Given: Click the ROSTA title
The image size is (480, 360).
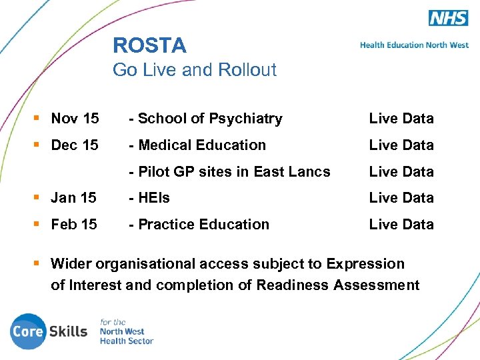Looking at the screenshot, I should pyautogui.click(x=149, y=45).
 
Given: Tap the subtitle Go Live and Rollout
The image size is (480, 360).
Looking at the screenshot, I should pyautogui.click(x=195, y=69).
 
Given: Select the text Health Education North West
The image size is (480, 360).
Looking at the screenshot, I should pyautogui.click(x=414, y=45).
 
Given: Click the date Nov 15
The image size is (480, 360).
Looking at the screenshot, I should pyautogui.click(x=75, y=119).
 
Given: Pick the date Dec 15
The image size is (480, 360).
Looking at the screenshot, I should pyautogui.click(x=75, y=145).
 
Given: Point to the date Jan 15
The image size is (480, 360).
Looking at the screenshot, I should pyautogui.click(x=73, y=198).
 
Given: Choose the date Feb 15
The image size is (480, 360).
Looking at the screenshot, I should pyautogui.click(x=74, y=225).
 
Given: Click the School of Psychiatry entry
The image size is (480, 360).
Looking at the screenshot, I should pyautogui.click(x=206, y=119).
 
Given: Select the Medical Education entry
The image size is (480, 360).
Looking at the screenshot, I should pyautogui.click(x=198, y=145).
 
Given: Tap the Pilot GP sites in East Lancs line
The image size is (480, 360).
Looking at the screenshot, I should pyautogui.click(x=230, y=171).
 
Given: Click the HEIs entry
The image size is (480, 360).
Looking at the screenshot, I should pyautogui.click(x=150, y=198).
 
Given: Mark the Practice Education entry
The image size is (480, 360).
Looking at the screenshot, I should pyautogui.click(x=199, y=225).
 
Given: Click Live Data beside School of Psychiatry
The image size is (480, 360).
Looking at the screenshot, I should pyautogui.click(x=401, y=119).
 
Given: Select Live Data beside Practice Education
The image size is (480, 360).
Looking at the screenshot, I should pyautogui.click(x=401, y=225).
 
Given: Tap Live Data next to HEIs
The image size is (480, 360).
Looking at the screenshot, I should pyautogui.click(x=401, y=198).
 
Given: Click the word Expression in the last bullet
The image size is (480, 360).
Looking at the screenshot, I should pyautogui.click(x=365, y=264).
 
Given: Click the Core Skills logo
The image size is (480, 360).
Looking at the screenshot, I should pyautogui.click(x=49, y=331).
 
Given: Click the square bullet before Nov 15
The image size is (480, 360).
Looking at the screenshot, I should pyautogui.click(x=39, y=118).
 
